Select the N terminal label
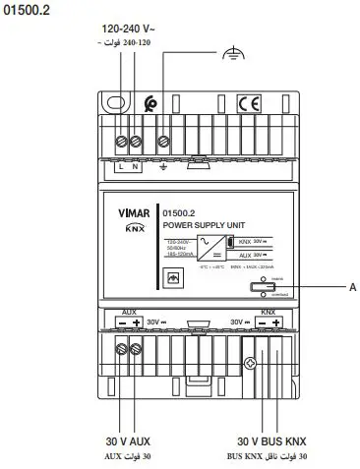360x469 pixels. coord(136,167)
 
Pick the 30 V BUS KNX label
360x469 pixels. coord(272,442)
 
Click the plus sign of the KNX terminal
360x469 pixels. coord(276,322)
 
